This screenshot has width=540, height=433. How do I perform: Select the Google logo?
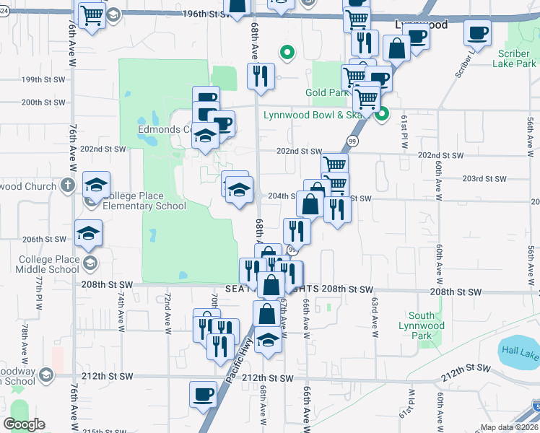[24, 424]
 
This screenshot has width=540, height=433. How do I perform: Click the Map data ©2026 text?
[508, 427]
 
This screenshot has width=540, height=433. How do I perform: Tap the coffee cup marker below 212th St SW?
[203, 394]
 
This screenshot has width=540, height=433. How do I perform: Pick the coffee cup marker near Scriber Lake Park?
[477, 32]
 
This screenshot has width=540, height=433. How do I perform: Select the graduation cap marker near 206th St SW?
[89, 232]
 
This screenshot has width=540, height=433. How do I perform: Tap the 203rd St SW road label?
[484, 178]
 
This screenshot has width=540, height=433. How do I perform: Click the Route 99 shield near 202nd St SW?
[352, 141]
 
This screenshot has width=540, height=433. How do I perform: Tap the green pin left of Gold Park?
[287, 52]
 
